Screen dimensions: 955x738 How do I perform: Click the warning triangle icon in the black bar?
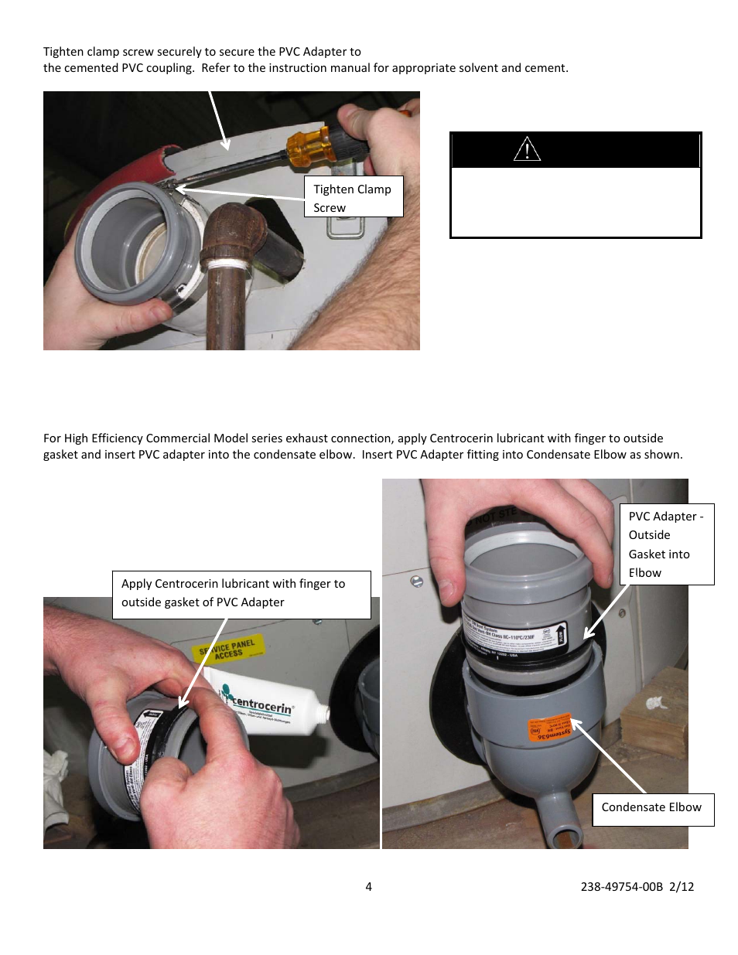click(527, 148)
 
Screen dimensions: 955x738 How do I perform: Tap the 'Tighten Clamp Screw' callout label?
click(353, 198)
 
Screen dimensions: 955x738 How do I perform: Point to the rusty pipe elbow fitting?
click(233, 231)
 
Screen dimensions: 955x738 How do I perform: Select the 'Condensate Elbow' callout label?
click(652, 808)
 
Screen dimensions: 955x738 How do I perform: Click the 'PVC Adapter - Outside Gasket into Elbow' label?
click(665, 544)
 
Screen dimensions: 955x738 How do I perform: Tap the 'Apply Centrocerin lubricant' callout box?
click(241, 594)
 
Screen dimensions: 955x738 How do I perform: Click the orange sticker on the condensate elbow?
click(550, 728)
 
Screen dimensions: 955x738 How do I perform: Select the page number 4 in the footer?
click(368, 887)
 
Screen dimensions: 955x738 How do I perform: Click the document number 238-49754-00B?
click(621, 887)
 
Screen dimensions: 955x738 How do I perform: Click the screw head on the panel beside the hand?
click(417, 582)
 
